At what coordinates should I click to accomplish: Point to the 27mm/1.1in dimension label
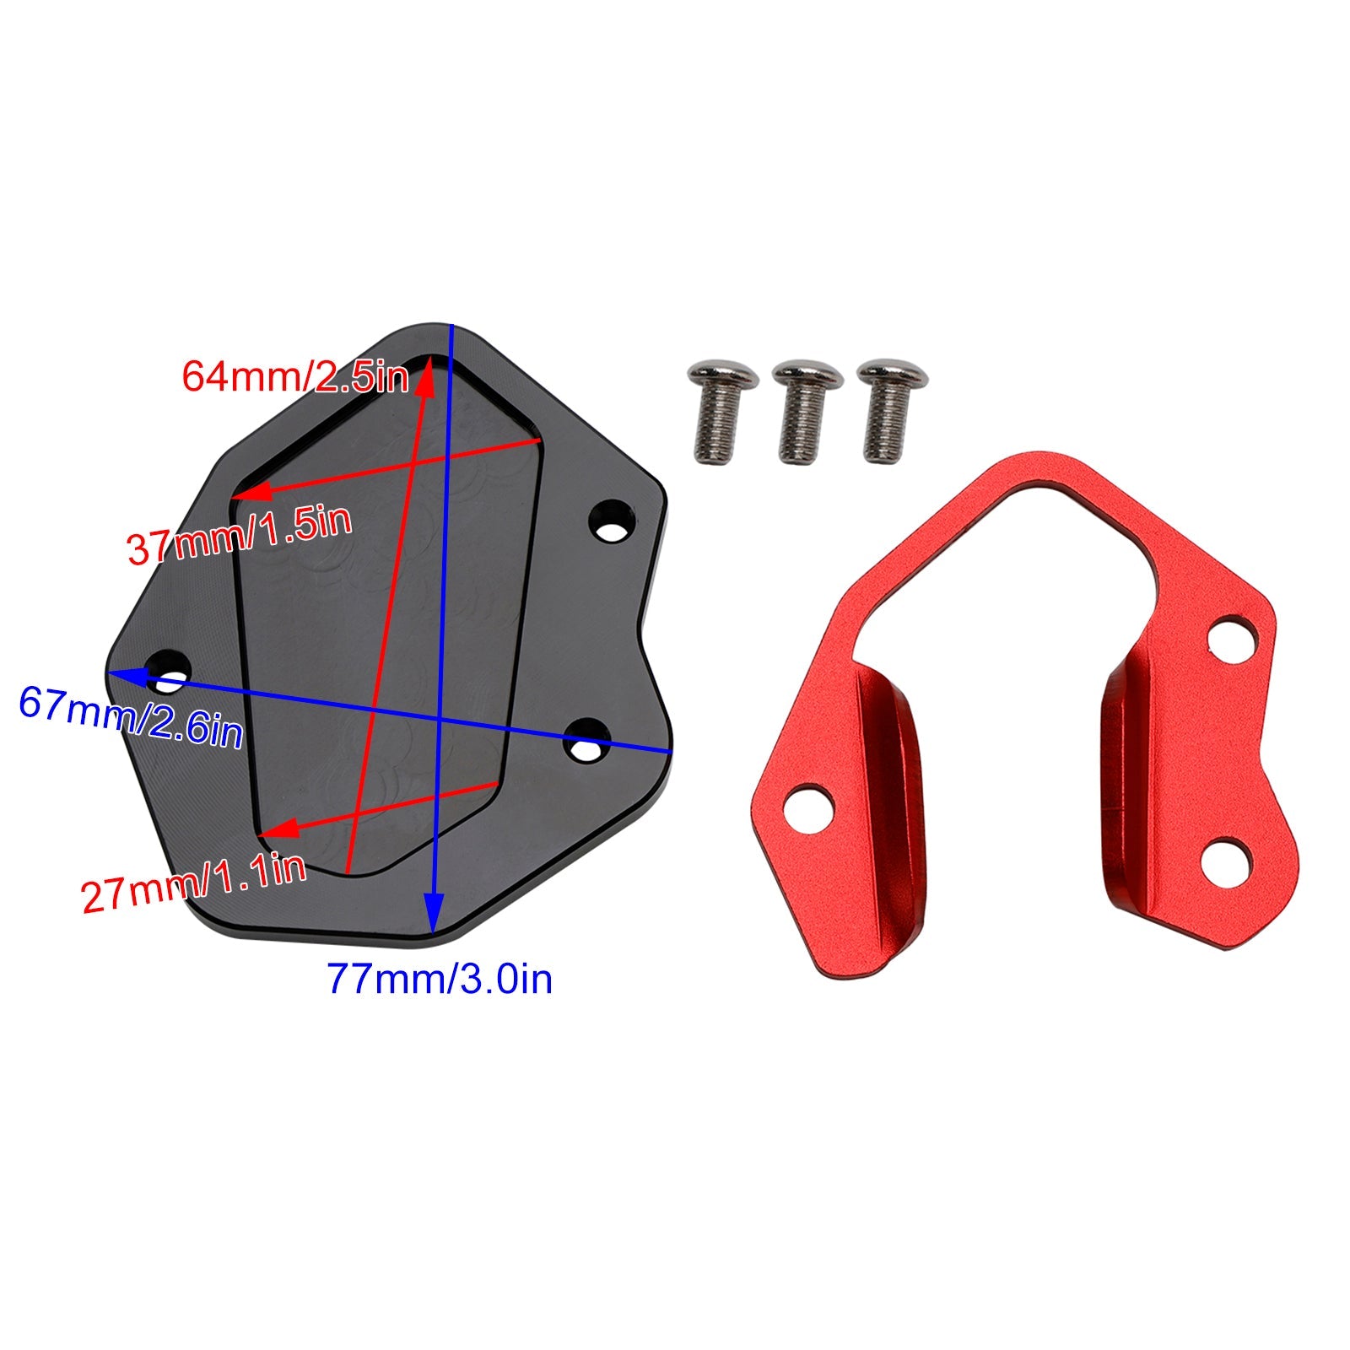[193, 883]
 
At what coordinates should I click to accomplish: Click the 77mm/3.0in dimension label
[440, 979]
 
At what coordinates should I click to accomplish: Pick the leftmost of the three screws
[723, 411]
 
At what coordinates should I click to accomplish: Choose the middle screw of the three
[807, 411]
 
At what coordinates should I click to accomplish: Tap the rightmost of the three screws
[892, 411]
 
